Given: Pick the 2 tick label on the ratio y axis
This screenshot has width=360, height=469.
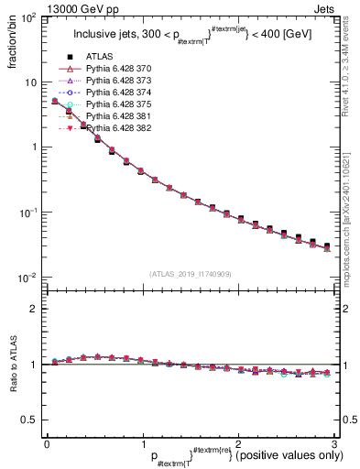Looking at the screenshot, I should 33,309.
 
